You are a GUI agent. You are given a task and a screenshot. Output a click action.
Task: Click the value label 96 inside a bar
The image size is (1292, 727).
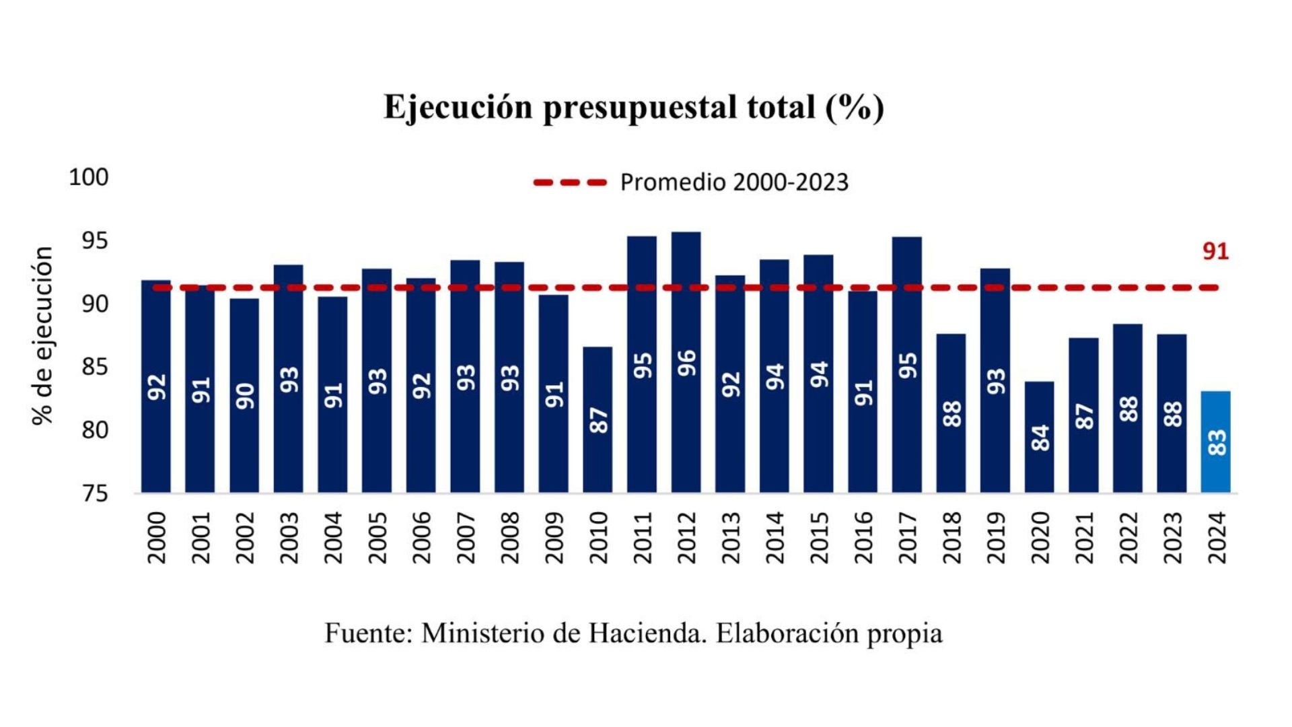[x=686, y=363]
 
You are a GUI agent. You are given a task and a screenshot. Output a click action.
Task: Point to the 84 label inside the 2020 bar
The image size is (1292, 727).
[x=1040, y=438]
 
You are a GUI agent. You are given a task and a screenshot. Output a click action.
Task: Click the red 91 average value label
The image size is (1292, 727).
[x=1215, y=252]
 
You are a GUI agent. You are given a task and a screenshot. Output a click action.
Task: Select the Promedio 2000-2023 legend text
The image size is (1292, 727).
[x=734, y=182]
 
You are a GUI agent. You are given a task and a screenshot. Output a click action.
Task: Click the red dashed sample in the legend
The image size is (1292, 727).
[x=570, y=182]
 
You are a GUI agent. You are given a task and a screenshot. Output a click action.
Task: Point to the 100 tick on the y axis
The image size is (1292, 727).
[x=88, y=178]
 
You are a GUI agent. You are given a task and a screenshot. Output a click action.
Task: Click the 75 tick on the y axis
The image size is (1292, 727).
[x=95, y=493]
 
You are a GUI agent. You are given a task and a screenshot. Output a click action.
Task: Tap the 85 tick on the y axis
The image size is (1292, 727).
[x=95, y=368]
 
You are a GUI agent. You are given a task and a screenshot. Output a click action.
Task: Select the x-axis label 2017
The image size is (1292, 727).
[x=907, y=537]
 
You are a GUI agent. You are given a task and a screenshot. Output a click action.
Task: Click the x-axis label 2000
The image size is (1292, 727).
[x=156, y=537]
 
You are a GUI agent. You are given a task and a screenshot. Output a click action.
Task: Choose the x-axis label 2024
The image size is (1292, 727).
[x=1216, y=537]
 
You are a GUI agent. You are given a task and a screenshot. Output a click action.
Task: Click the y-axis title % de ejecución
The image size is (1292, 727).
[x=42, y=335]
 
